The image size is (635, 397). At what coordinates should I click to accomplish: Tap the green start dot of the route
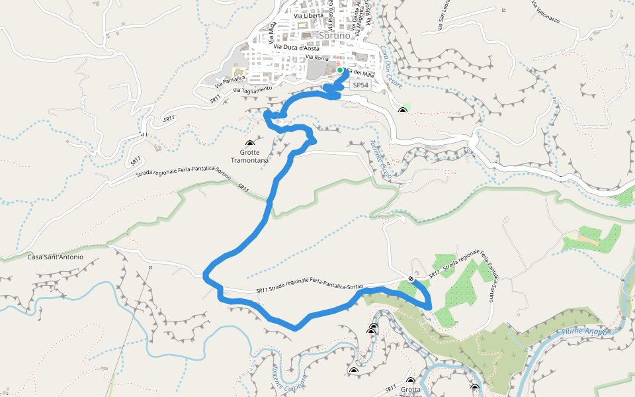point(340,69)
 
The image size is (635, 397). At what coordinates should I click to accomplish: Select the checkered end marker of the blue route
point(411,279)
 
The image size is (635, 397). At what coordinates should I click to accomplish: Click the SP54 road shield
point(360,85)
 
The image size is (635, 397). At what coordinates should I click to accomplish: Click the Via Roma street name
point(317,58)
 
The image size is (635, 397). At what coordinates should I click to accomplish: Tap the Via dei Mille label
point(360,73)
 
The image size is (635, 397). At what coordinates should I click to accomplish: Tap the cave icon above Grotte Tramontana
point(249,144)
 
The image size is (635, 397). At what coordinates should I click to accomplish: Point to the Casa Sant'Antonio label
point(56,257)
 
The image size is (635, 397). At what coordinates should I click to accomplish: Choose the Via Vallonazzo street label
point(545,13)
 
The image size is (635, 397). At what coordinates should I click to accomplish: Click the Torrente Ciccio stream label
point(383,160)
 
